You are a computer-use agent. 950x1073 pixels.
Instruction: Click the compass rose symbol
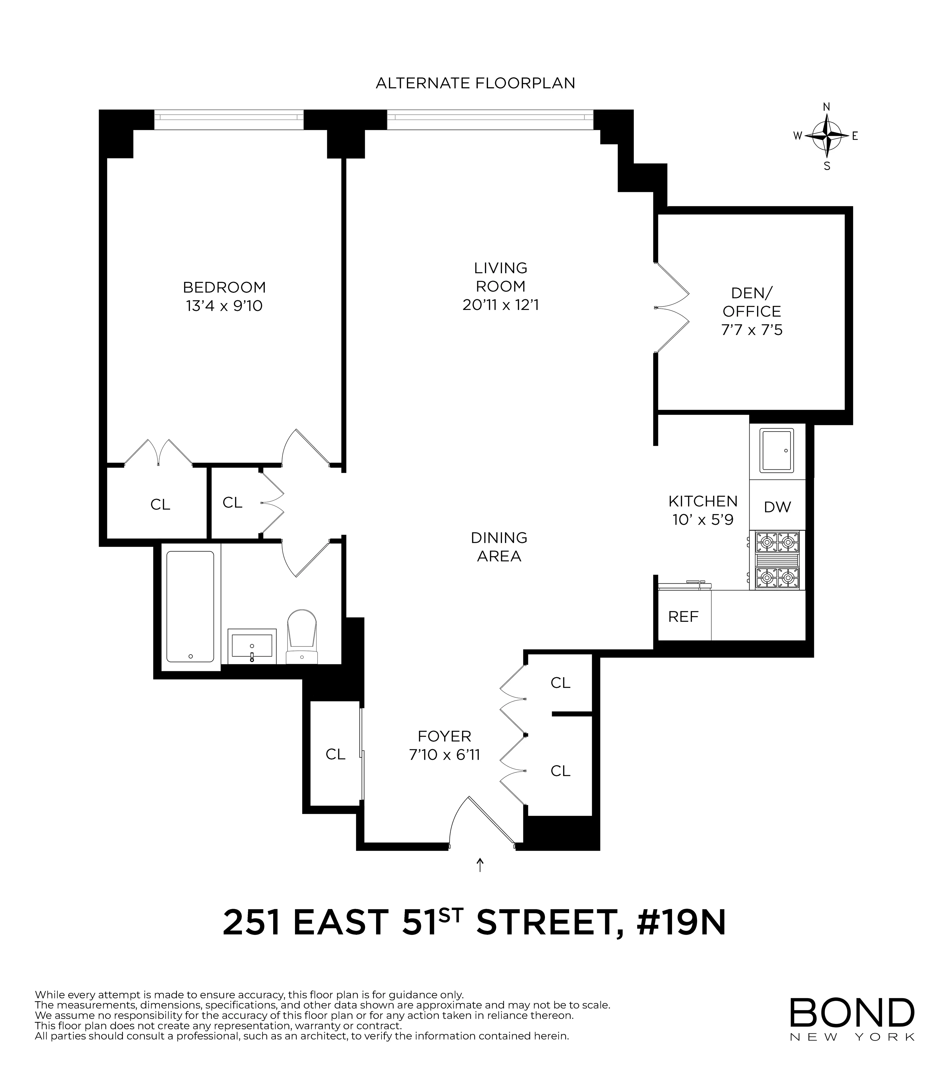click(827, 136)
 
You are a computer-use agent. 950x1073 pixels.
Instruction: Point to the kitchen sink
click(777, 450)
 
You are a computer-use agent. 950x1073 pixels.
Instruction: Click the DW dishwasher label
click(777, 507)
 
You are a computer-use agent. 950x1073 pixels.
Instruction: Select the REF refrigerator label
click(683, 616)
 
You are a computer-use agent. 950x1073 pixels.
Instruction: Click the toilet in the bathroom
click(302, 637)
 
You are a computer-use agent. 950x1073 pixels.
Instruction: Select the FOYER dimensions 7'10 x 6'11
click(444, 755)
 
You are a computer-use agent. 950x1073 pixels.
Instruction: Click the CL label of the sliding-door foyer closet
click(335, 754)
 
